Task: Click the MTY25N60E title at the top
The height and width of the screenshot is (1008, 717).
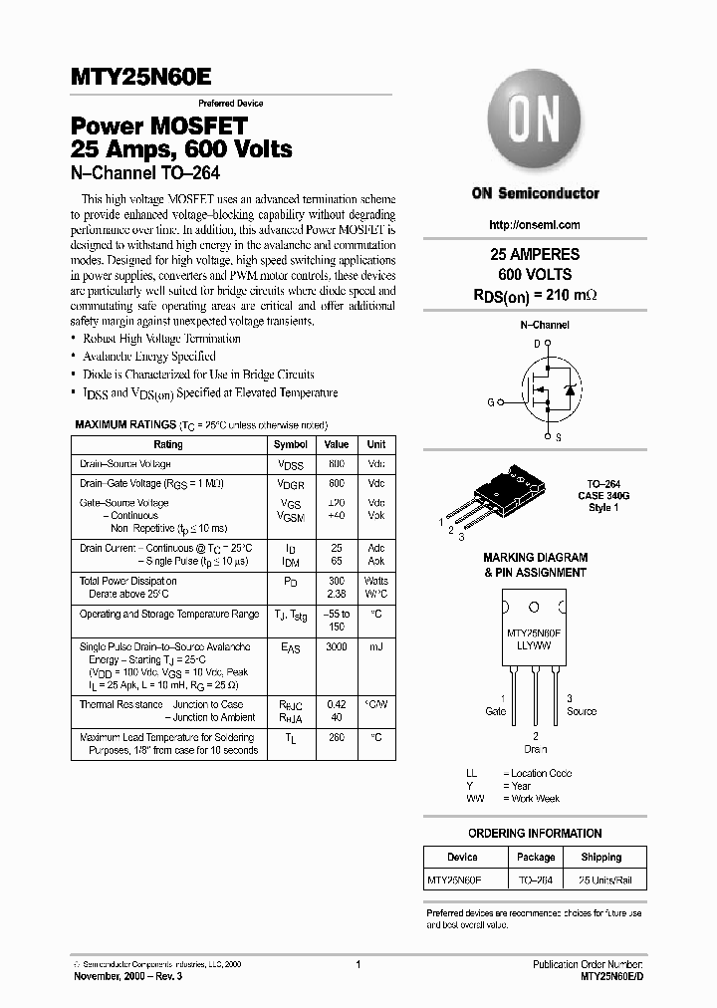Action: pos(140,78)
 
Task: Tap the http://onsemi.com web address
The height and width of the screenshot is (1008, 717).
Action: pos(535,225)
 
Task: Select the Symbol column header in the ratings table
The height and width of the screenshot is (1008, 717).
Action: pos(291,444)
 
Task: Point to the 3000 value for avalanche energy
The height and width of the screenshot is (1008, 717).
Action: pos(337,647)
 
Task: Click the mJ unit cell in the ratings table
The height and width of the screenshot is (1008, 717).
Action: pos(375,647)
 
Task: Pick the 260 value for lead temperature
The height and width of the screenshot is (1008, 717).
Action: pos(337,738)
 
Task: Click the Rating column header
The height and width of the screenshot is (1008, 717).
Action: pos(168,444)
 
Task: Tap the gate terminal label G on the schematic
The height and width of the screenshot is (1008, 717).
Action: pos(490,401)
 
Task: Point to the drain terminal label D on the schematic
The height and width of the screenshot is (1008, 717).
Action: pos(537,344)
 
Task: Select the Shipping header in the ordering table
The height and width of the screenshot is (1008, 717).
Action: pos(600,857)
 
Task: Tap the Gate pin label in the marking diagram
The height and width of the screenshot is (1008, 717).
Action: pos(495,711)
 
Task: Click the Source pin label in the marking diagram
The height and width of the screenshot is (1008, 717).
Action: pos(581,711)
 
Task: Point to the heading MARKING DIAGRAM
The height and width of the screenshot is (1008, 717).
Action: pos(535,558)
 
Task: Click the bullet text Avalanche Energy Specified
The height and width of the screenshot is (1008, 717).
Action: pos(149,356)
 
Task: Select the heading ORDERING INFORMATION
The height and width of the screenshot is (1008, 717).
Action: pos(535,832)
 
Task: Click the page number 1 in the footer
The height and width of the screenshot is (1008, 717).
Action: pos(358,965)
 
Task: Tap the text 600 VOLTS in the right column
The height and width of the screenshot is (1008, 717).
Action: pos(535,273)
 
